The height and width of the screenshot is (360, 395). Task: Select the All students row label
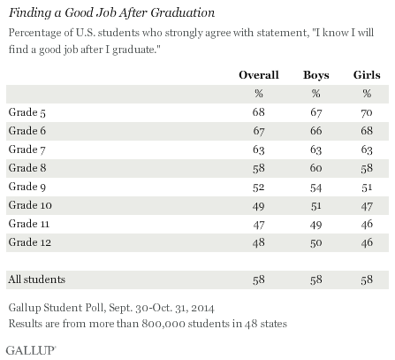coord(37,279)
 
